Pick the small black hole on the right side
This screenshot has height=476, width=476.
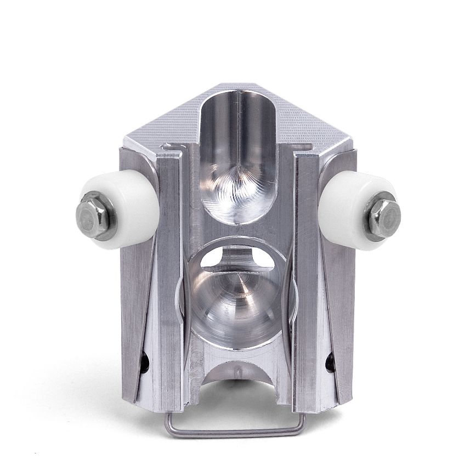tap(331, 360)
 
